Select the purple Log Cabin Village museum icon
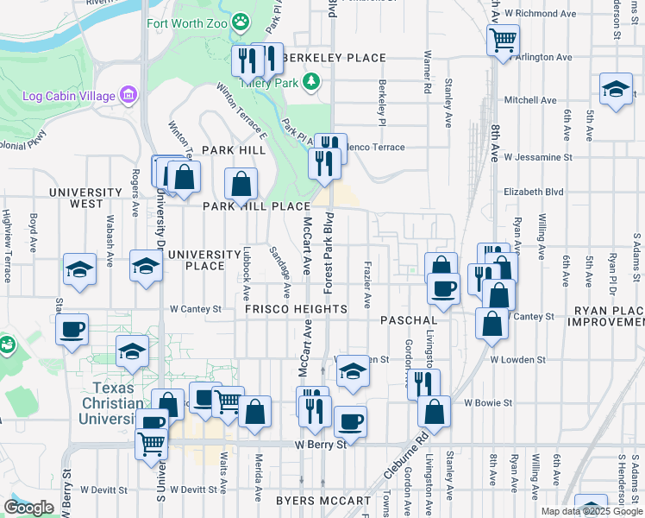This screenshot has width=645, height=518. click(x=129, y=93)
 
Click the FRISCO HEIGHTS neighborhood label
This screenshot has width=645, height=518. click(x=296, y=309)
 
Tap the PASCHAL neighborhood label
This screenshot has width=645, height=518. click(x=409, y=320)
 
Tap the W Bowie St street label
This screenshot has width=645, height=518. click(x=488, y=402)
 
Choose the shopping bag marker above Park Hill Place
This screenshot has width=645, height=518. click(x=241, y=182)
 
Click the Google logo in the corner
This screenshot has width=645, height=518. click(x=28, y=508)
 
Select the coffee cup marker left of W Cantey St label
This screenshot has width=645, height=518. click(x=72, y=328)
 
